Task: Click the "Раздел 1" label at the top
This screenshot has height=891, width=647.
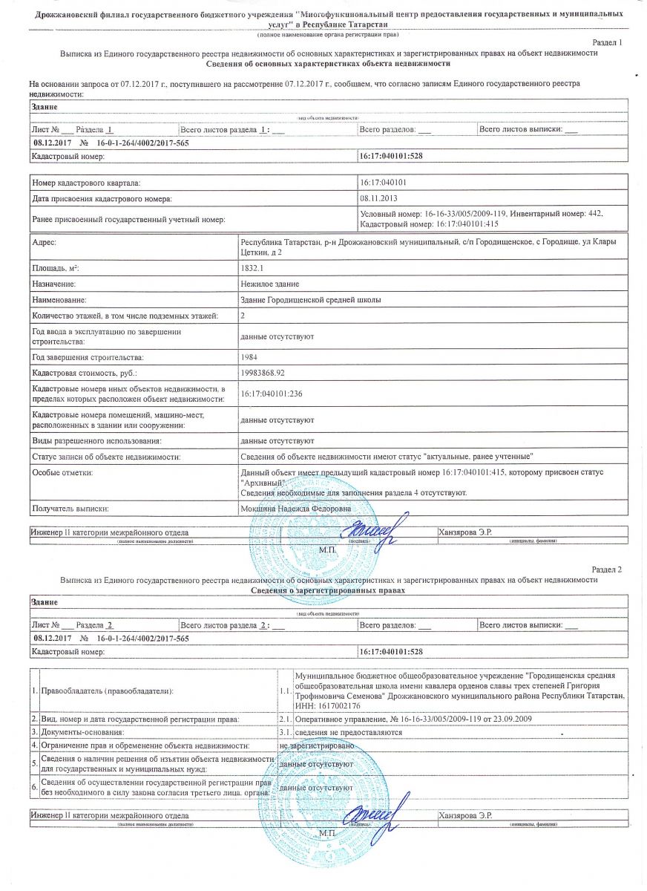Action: tap(607, 43)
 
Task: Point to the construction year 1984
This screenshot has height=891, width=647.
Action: tap(251, 357)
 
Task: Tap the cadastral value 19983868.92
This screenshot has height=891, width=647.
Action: tap(263, 373)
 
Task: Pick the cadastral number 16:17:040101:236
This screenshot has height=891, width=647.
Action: tap(273, 394)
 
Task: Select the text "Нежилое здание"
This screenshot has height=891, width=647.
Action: tap(270, 284)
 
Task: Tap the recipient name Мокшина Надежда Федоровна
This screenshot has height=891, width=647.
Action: tap(295, 509)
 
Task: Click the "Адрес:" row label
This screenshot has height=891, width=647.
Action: tap(45, 243)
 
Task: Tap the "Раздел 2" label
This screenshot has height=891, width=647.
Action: tap(607, 569)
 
